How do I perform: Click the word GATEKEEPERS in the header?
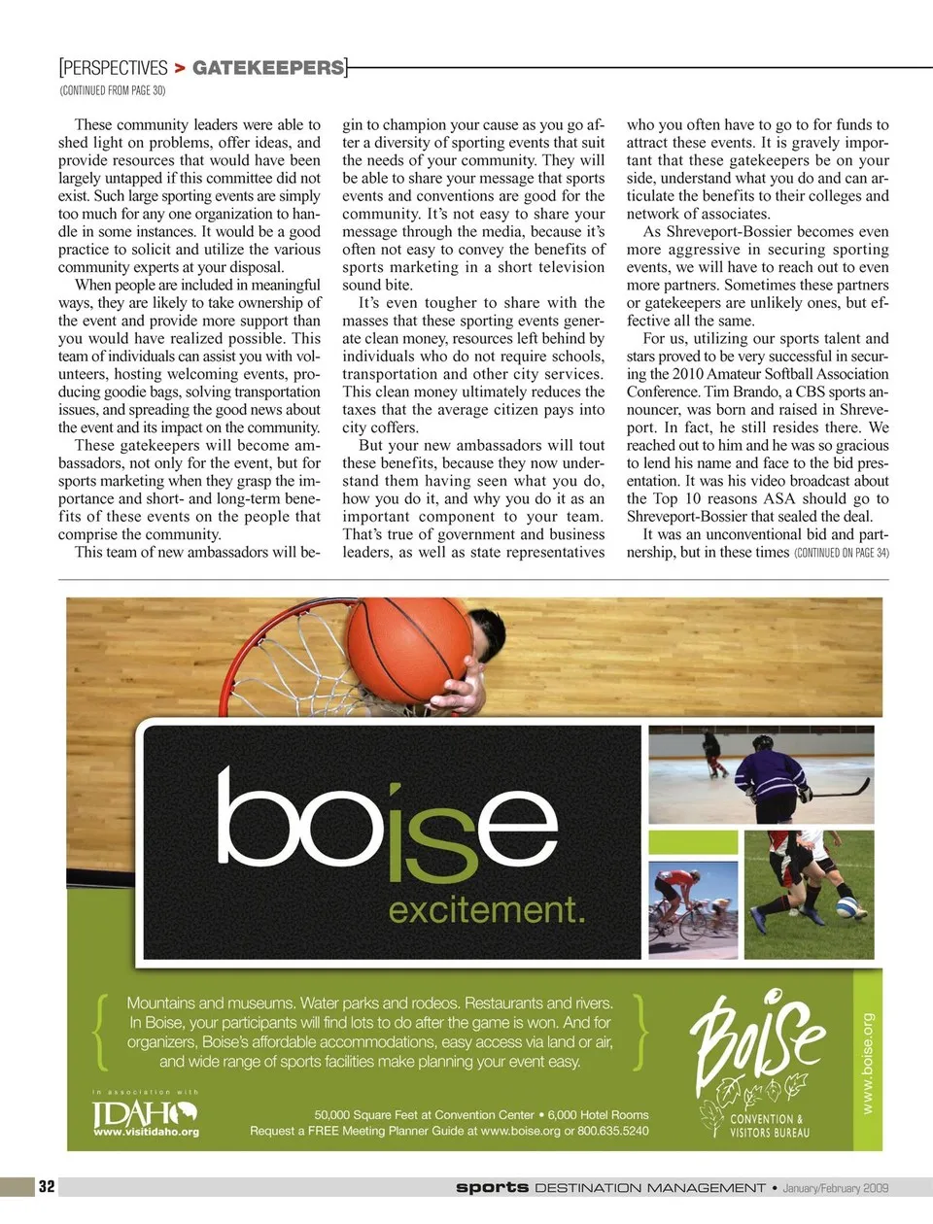[268, 68]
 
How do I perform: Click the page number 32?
[47, 1186]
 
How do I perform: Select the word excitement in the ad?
[486, 910]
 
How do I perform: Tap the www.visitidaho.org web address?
[146, 1132]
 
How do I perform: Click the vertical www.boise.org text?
[867, 1064]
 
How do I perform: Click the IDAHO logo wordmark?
[144, 1112]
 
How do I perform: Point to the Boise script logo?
[758, 1044]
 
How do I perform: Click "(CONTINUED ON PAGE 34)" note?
[841, 553]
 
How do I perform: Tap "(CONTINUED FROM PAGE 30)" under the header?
[112, 90]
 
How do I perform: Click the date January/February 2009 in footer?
[836, 1187]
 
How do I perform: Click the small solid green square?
[692, 842]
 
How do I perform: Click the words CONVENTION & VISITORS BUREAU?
[768, 1125]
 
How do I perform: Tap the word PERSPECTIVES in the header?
[115, 68]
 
